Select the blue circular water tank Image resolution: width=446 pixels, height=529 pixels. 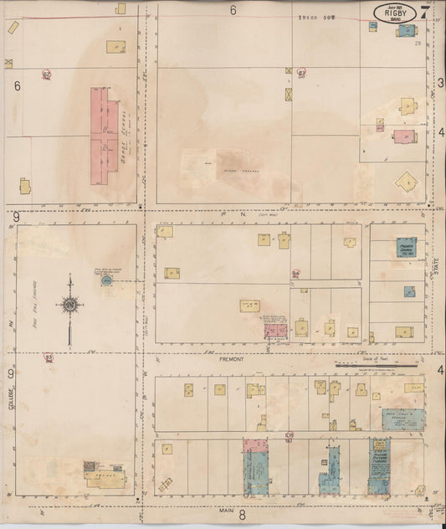pyautogui.click(x=106, y=280)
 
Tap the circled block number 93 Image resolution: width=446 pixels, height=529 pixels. pyautogui.click(x=49, y=357)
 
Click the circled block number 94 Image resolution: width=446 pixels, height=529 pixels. pyautogui.click(x=295, y=274)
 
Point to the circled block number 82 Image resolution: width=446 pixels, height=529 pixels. pyautogui.click(x=47, y=74)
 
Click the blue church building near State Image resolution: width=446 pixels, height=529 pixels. pyautogui.click(x=407, y=249)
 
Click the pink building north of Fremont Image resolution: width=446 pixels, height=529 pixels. pyautogui.click(x=275, y=329)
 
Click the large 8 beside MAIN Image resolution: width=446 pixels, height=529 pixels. pyautogui.click(x=242, y=514)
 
